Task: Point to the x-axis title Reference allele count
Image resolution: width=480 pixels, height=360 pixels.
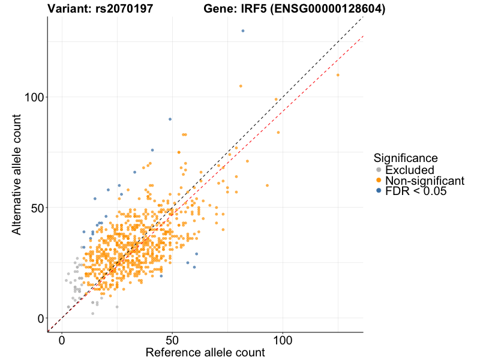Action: [x=205, y=353]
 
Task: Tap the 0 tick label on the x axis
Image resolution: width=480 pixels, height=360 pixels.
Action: [x=62, y=340]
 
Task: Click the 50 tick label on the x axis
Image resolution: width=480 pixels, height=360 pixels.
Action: [x=173, y=340]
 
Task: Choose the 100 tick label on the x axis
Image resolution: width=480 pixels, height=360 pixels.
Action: [x=283, y=340]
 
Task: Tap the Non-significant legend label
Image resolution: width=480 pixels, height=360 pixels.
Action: [x=425, y=181]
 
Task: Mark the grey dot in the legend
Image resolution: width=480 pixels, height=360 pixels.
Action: [x=379, y=170]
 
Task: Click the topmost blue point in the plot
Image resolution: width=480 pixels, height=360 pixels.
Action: [x=243, y=31]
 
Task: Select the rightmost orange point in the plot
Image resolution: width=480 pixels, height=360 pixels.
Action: [x=338, y=75]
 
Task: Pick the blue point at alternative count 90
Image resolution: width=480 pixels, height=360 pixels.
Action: [x=170, y=119]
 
